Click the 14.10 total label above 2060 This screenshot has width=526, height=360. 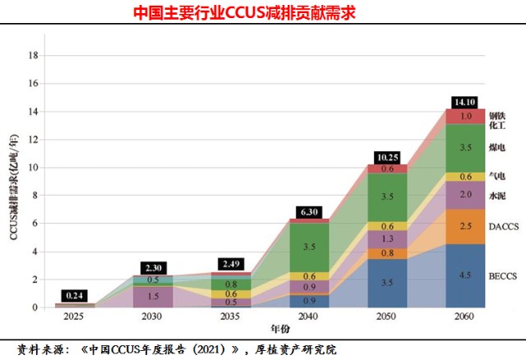[x=465, y=102]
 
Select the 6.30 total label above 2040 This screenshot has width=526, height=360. [x=309, y=212]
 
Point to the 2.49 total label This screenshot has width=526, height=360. [x=231, y=265]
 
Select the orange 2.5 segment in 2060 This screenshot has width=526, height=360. [x=465, y=226]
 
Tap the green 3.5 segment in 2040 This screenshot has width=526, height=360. [x=309, y=247]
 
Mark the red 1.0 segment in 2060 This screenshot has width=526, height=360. [x=465, y=117]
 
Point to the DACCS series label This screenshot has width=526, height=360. [x=502, y=226]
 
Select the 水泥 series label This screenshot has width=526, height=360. [x=497, y=196]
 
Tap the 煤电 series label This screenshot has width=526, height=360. [x=497, y=147]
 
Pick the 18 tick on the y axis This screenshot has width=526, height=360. [x=34, y=55]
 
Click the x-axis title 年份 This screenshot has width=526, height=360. [x=269, y=330]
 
